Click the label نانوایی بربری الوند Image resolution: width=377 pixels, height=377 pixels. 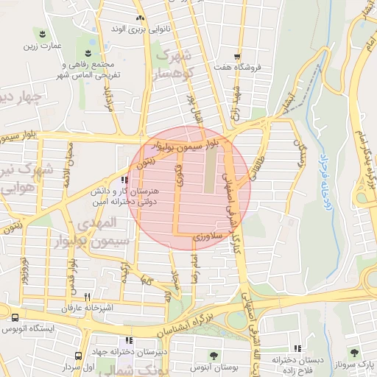140,28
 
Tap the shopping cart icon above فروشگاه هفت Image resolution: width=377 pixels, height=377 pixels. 236,56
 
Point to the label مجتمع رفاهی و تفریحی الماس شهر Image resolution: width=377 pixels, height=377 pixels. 88,68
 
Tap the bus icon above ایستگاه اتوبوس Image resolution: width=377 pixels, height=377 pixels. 15,317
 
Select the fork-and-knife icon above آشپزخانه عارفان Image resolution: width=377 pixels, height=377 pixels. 108,296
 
